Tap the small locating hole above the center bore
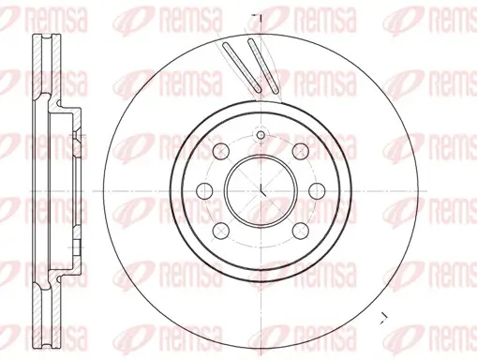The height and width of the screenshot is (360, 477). coord(261,135)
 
